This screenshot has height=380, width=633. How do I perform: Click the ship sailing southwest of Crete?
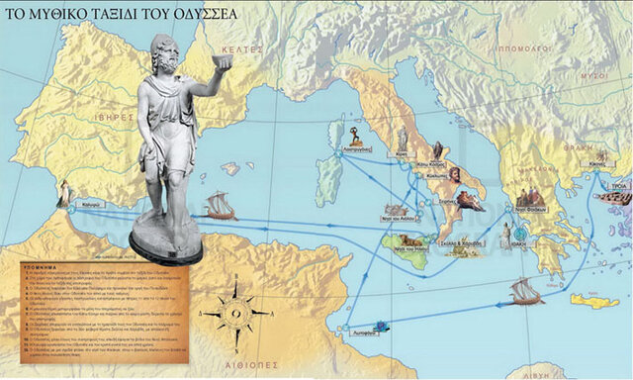527,292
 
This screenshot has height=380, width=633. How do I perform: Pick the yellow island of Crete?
593,300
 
